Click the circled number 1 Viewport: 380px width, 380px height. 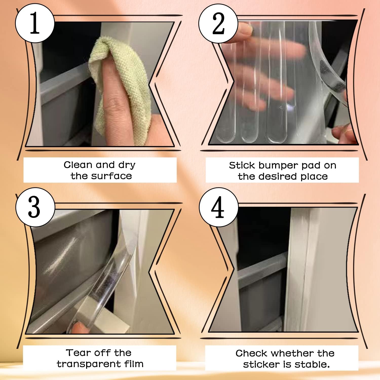35,23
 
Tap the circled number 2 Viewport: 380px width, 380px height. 218,23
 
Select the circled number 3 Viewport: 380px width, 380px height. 35,207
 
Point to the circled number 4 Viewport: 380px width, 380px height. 218,207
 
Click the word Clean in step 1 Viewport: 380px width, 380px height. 78,165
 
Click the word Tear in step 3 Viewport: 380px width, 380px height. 76,353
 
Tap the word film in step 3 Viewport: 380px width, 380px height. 134,364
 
